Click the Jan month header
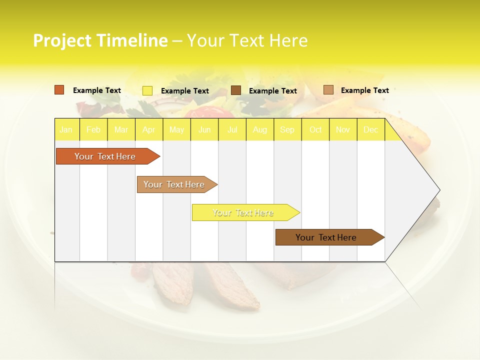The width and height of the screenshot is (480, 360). [66, 129]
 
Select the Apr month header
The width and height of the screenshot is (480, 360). [148, 129]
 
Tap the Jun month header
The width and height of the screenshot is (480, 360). [204, 129]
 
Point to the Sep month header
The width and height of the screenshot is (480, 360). [287, 129]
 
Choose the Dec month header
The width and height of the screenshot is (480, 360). [370, 129]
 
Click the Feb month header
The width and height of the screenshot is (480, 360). [93, 129]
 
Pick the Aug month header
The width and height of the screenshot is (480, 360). [259, 129]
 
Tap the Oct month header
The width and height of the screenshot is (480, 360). [315, 129]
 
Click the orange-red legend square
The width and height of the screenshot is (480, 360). [59, 90]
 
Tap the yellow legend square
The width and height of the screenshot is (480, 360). [147, 90]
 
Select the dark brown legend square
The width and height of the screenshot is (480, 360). [236, 90]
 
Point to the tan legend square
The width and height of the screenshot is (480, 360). [328, 90]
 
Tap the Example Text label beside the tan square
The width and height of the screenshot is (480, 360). [364, 90]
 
